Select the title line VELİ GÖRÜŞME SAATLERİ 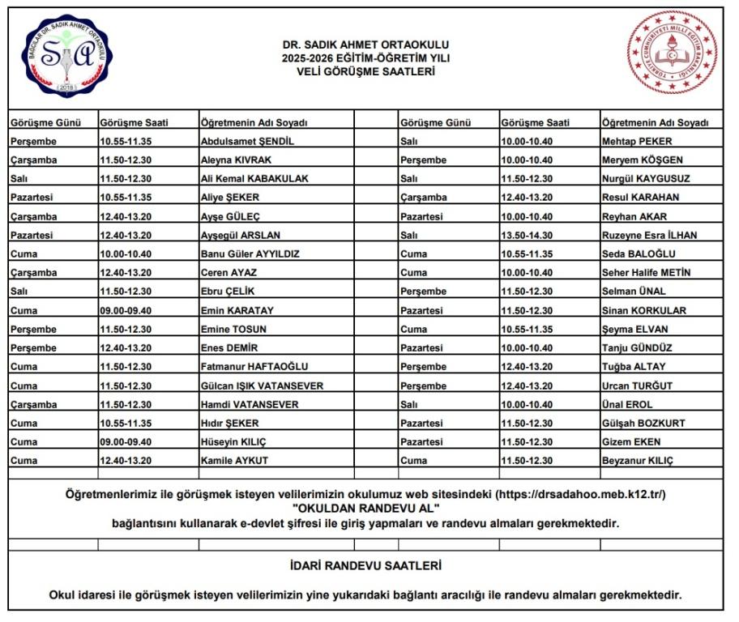(x=366, y=71)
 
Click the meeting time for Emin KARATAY (x=126, y=310)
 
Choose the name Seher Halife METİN (x=647, y=273)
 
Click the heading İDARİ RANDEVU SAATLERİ (x=366, y=565)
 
